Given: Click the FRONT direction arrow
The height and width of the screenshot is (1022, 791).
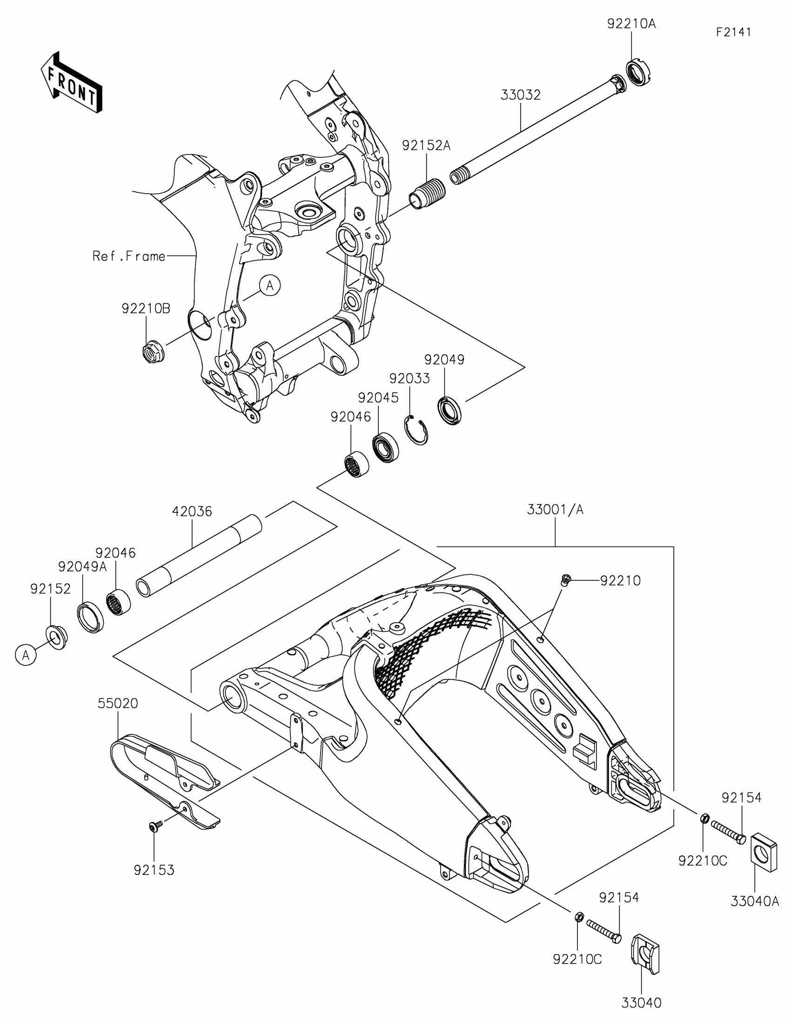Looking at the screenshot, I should point(72,83).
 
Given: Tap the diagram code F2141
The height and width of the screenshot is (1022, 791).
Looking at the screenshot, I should point(733,32).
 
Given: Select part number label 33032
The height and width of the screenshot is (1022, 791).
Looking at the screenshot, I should point(520,95).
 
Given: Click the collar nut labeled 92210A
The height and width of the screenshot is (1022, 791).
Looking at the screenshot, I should point(638,73).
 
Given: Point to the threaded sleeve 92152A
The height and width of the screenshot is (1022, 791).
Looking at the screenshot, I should point(427,192).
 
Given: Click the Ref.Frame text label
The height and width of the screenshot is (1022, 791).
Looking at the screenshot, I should point(128,256).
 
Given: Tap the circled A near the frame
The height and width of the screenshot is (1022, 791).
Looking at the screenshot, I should point(270,285).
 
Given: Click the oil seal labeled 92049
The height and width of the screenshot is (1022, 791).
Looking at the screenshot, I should point(449,410).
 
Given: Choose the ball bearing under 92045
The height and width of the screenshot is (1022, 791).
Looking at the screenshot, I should point(385,448).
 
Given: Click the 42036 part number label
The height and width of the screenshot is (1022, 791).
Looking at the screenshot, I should point(192,511).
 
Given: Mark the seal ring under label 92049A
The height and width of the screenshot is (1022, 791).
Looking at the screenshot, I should point(90,618).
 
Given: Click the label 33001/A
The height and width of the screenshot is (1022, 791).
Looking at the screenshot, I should point(555,509).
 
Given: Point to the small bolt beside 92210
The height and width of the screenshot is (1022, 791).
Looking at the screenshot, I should point(565,580).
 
